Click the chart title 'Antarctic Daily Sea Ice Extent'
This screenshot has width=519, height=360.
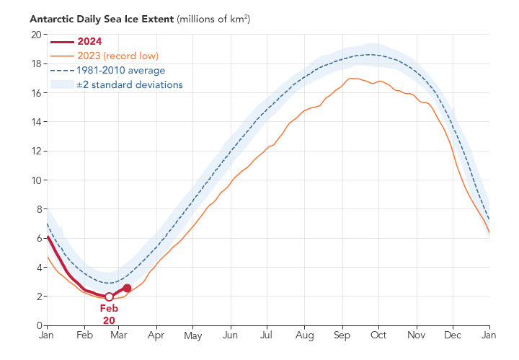click(x=102, y=18)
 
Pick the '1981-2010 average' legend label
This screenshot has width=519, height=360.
click(x=120, y=70)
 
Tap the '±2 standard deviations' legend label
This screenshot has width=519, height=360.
click(x=129, y=84)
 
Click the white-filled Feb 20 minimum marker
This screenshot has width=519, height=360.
click(x=109, y=297)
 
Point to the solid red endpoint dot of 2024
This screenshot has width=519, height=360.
click(x=127, y=288)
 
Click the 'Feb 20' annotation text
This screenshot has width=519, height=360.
click(x=109, y=314)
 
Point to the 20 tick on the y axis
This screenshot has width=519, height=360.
click(x=35, y=35)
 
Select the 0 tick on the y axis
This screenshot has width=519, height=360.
click(x=37, y=325)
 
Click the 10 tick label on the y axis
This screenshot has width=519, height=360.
click(x=35, y=180)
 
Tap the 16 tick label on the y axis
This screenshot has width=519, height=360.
click(x=35, y=93)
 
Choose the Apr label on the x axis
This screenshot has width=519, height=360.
click(x=156, y=335)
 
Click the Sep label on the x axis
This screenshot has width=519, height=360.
click(x=342, y=335)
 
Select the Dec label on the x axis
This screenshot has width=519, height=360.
click(x=453, y=335)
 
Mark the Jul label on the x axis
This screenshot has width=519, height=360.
click(x=267, y=335)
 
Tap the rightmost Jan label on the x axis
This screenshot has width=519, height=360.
click(x=489, y=335)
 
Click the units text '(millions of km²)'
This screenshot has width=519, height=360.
click(x=214, y=18)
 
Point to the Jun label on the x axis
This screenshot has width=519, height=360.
click(x=231, y=335)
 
